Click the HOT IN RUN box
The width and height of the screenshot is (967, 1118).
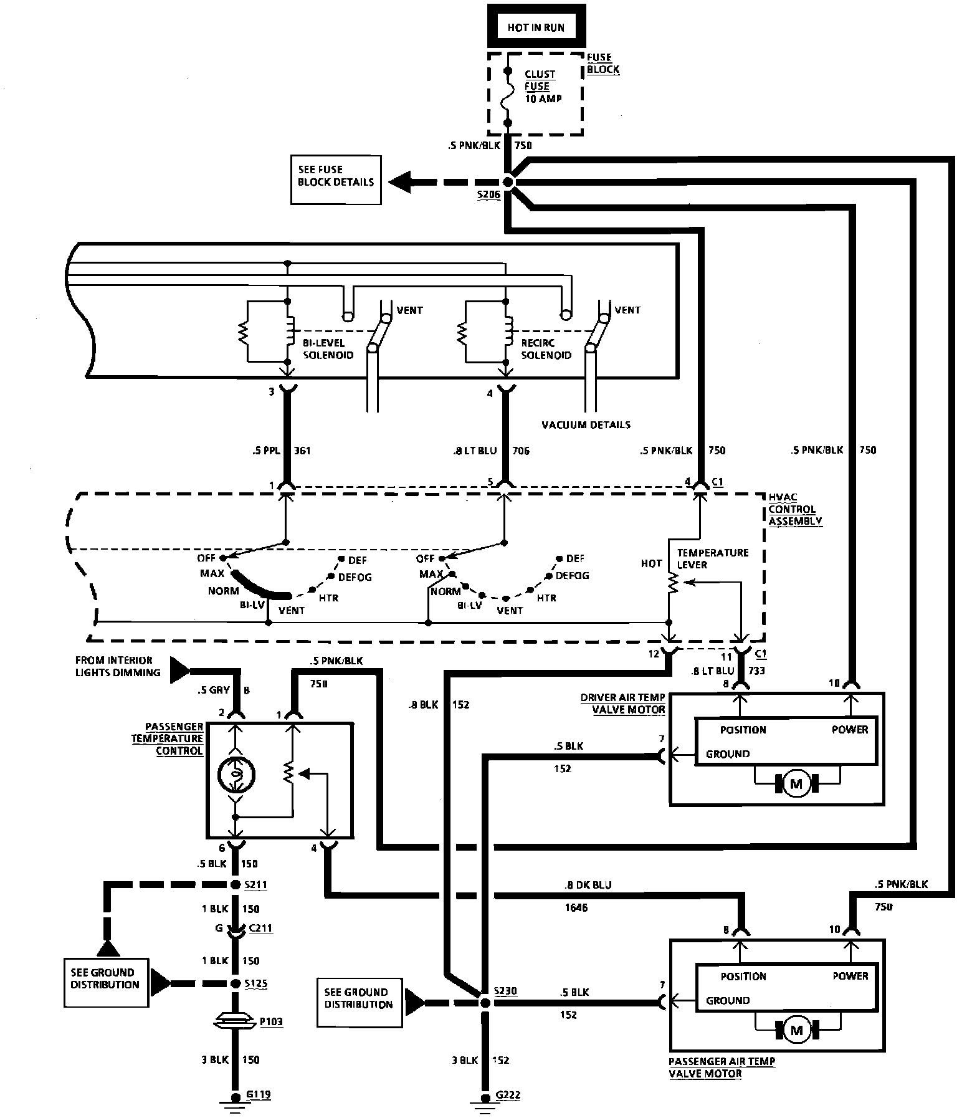[535, 28]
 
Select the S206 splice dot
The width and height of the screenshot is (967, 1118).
[508, 183]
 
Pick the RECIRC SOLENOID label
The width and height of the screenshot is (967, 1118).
[546, 349]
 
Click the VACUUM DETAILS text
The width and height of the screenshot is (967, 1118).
[586, 425]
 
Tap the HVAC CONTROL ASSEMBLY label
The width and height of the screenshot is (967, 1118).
[794, 509]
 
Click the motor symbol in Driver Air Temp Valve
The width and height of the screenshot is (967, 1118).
[796, 784]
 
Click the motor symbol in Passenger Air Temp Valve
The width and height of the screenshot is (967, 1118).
[796, 1031]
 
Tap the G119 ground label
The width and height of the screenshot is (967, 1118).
[259, 1094]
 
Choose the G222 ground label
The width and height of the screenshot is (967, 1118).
[508, 1095]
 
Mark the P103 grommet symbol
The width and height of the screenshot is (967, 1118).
[235, 1022]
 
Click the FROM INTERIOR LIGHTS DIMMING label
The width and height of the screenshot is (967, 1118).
[118, 666]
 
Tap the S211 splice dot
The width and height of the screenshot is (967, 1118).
[236, 885]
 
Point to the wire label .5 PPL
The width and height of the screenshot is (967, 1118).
[266, 451]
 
